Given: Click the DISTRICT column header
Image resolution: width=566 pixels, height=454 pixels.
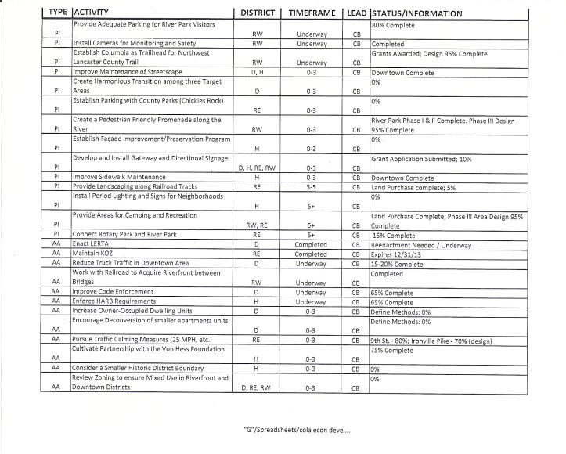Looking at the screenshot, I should coord(258,14).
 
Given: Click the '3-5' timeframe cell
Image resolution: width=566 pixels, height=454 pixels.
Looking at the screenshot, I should coord(311,187).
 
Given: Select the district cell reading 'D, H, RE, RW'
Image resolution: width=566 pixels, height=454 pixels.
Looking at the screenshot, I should coord(258,168).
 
